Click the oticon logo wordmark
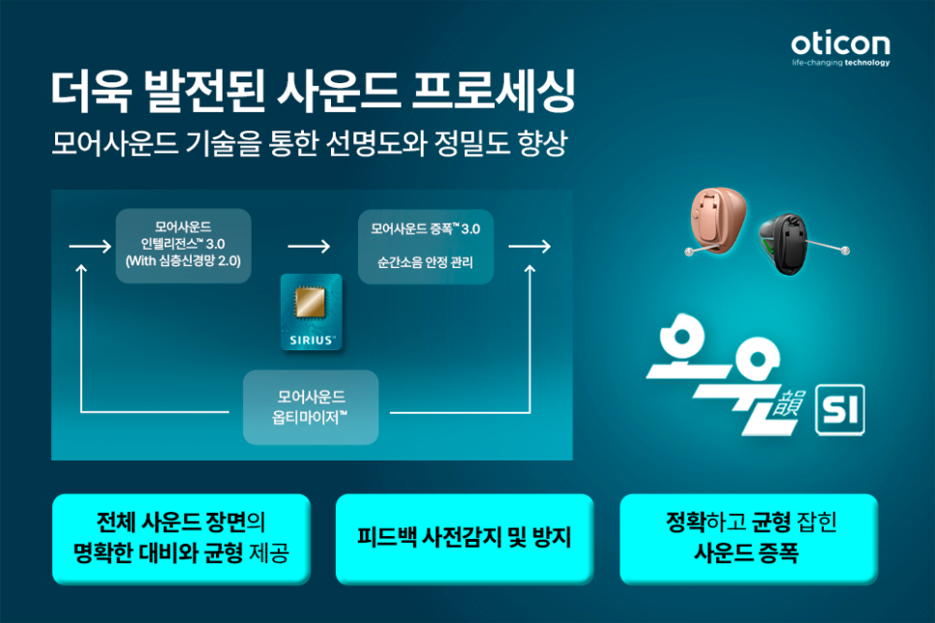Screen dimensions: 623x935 pos(840,44)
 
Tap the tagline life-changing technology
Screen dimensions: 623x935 pos(840,63)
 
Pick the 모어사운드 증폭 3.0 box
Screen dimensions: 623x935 pos(426,246)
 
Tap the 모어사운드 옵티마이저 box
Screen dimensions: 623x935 pos(311,407)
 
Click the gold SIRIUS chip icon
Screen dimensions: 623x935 pos(311,303)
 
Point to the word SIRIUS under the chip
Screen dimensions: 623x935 pos(311,341)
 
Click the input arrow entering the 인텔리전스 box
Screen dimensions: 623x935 pos(90,247)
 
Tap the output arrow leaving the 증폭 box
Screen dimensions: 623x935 pos(529,247)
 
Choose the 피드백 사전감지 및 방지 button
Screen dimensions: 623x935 pos(464,539)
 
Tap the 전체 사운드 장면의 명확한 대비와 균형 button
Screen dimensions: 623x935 pos(181,539)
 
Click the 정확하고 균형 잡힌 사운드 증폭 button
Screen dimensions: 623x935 pos(748,539)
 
